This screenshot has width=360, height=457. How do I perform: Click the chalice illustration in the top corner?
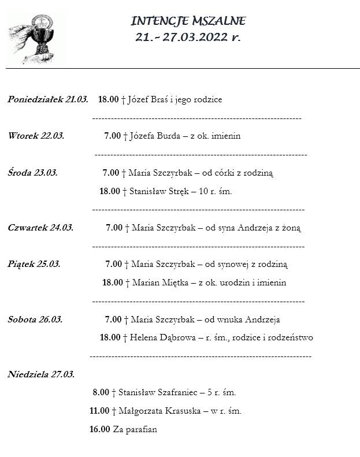[x=36, y=39]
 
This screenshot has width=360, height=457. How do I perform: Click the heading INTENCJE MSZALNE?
[x=188, y=21]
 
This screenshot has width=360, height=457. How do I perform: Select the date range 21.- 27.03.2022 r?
[x=188, y=37]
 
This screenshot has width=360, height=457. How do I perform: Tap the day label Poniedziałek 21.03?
[x=48, y=99]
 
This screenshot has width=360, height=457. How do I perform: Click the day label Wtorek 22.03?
[x=36, y=136]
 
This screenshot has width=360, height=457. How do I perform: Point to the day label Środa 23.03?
[x=33, y=172]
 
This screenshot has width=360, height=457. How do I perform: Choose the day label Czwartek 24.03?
[x=40, y=228]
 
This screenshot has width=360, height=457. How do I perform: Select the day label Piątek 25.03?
[x=34, y=264]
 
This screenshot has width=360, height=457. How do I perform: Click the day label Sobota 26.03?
[x=35, y=319]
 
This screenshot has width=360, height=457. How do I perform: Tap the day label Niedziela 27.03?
[x=41, y=374]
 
